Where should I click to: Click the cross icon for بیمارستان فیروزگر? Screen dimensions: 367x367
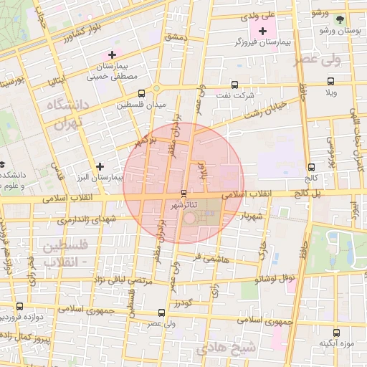[x=262, y=31]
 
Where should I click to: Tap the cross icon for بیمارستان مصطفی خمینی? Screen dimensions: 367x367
[x=111, y=54]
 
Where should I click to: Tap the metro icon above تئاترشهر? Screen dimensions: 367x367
[x=184, y=193]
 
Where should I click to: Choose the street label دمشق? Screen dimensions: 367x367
[x=175, y=38]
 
